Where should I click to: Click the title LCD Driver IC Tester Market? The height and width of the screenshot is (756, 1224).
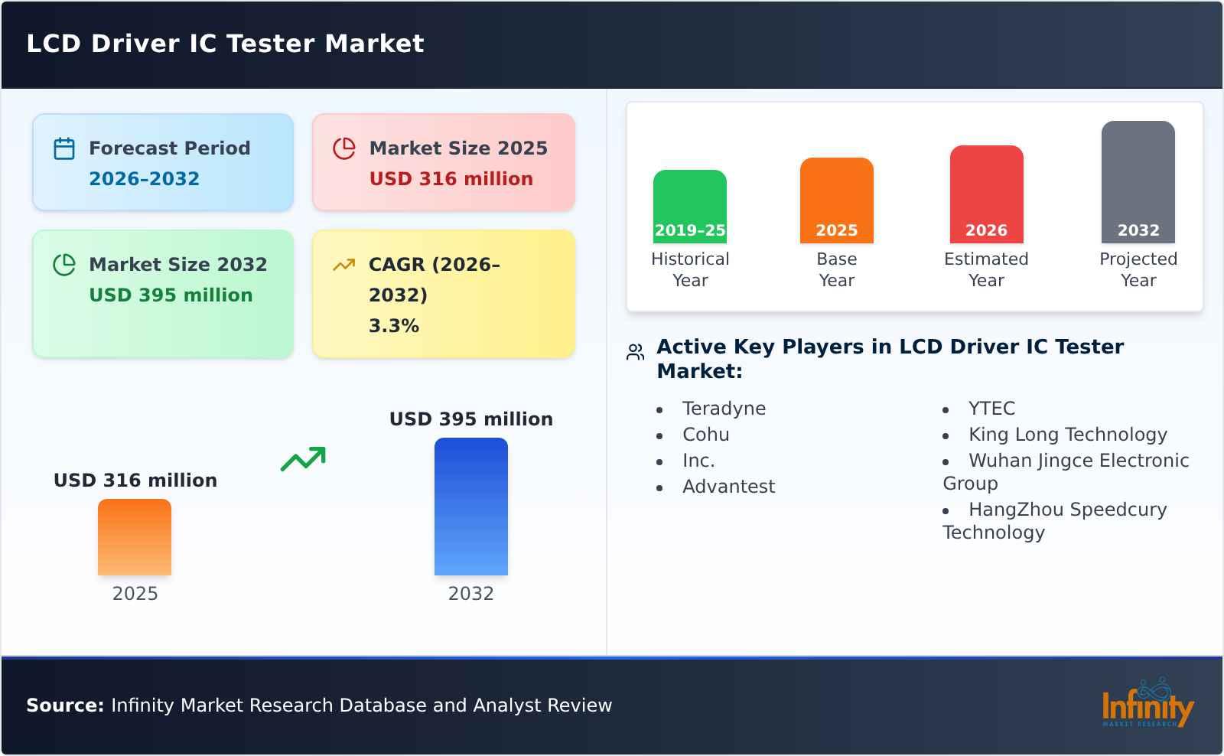(225, 44)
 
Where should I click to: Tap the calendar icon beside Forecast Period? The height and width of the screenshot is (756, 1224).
(64, 148)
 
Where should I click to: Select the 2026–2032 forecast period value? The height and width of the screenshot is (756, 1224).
(144, 179)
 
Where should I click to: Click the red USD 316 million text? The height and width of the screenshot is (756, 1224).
(451, 179)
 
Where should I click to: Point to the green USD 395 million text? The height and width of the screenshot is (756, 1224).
(171, 295)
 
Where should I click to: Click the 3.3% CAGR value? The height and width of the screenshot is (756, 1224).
(393, 326)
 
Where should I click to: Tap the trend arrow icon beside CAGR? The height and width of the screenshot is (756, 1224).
(343, 265)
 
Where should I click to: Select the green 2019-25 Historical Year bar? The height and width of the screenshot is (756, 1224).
(689, 207)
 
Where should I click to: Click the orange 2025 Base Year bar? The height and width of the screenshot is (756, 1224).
(836, 200)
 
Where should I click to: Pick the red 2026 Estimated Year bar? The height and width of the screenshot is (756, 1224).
(986, 194)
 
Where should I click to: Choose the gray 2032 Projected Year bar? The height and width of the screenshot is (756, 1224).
(1138, 182)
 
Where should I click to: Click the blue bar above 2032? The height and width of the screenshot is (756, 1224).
(470, 507)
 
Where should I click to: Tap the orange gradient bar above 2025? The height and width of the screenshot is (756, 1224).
(135, 537)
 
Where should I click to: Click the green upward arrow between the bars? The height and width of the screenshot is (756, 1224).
(303, 459)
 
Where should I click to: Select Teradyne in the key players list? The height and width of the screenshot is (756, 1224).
(724, 409)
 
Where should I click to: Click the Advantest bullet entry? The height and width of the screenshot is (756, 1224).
(728, 487)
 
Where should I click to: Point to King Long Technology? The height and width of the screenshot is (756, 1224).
(1067, 435)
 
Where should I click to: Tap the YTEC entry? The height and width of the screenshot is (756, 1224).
(991, 409)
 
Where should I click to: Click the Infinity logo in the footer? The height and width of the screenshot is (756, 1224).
(1147, 704)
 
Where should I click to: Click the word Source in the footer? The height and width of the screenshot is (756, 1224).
(64, 705)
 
